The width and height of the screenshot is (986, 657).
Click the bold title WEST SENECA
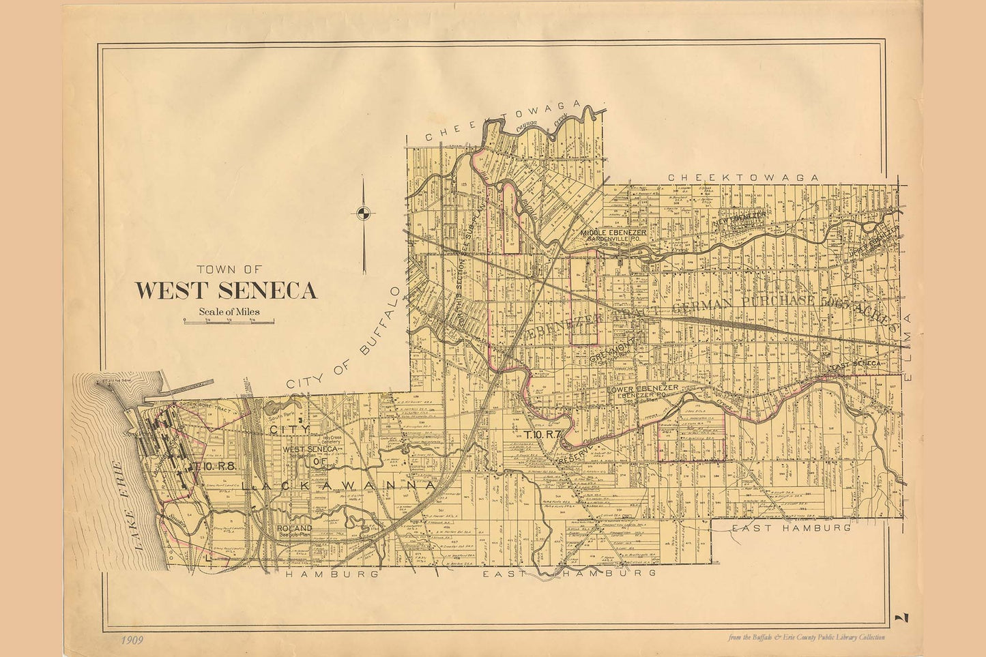226,290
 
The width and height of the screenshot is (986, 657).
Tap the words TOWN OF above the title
224,269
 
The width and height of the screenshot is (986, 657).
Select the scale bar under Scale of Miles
229,320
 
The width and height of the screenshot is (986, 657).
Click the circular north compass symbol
364,213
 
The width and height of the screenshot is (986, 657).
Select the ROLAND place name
295,528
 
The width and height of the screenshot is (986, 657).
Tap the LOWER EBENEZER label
641,388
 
